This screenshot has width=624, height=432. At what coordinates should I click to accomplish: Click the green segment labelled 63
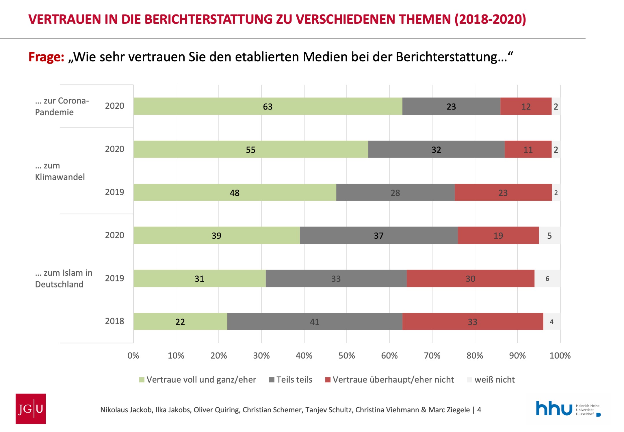point(268,106)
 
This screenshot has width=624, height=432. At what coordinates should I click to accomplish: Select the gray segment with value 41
point(314,321)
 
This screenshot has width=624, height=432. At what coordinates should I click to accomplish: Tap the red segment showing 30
point(470,279)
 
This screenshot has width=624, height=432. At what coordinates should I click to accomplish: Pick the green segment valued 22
point(180,321)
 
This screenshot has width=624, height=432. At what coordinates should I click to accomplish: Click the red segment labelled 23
point(503,192)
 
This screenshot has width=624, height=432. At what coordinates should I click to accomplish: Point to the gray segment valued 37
point(378,236)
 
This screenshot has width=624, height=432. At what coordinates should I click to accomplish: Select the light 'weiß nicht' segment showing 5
point(549,236)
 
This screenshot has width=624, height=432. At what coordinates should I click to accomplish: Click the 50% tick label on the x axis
point(346,355)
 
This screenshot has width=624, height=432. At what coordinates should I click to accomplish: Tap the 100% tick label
point(560,355)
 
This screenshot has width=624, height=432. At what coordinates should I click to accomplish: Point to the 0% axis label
point(133,355)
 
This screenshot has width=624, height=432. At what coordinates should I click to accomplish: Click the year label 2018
point(114,321)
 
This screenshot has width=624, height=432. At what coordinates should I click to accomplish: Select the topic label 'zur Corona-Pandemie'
point(62,106)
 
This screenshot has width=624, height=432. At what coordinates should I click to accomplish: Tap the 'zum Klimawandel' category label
point(60,171)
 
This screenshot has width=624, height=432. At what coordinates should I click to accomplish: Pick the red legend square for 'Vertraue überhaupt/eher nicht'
point(328,380)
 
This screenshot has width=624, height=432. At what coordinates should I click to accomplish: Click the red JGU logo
point(31,409)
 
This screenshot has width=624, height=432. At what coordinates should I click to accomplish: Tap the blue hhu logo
point(554,408)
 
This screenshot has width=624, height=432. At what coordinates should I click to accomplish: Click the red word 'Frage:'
point(46,57)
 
